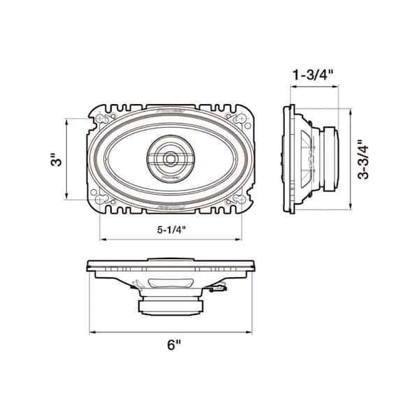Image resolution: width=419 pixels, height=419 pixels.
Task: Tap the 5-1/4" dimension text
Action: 172,228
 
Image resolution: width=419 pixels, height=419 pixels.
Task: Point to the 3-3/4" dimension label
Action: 361,160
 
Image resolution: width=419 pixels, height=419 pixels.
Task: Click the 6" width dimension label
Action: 172,344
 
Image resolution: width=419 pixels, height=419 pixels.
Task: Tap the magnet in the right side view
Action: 330,159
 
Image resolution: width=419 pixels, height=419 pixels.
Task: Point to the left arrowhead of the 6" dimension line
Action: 89,332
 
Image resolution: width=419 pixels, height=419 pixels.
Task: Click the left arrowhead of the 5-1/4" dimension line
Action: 101,239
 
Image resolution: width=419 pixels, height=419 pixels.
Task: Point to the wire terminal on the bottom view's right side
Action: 221,286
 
